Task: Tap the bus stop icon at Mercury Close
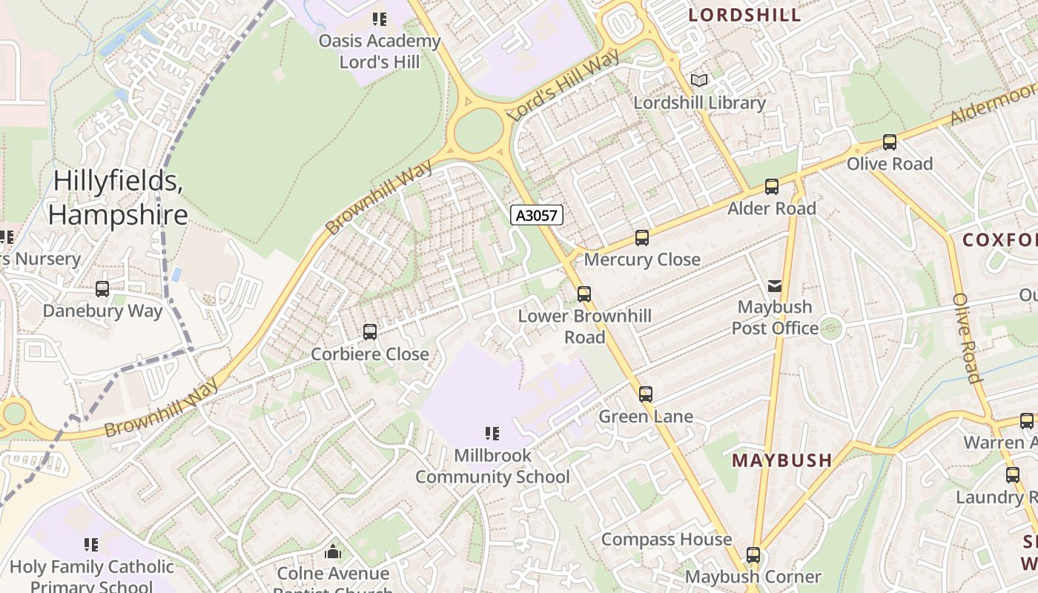pyautogui.click(x=642, y=238)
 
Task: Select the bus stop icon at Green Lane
pyautogui.click(x=646, y=394)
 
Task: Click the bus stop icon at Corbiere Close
pyautogui.click(x=370, y=332)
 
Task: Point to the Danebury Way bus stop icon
pyautogui.click(x=102, y=289)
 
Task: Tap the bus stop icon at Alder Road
pyautogui.click(x=772, y=187)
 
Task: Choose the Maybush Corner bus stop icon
pyautogui.click(x=753, y=554)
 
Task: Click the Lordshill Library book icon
pyautogui.click(x=699, y=80)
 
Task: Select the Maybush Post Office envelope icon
pyautogui.click(x=775, y=285)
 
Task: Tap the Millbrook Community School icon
pyautogui.click(x=492, y=433)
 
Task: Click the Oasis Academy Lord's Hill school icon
pyautogui.click(x=380, y=19)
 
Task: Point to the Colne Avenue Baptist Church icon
pyautogui.click(x=333, y=551)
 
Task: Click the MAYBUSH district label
pyautogui.click(x=781, y=460)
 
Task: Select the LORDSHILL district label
pyautogui.click(x=744, y=15)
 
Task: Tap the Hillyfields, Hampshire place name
pyautogui.click(x=118, y=198)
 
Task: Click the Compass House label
pyautogui.click(x=666, y=539)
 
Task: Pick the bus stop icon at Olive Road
pyautogui.click(x=890, y=142)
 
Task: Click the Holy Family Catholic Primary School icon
pyautogui.click(x=91, y=546)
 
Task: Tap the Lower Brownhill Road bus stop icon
pyautogui.click(x=584, y=294)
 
